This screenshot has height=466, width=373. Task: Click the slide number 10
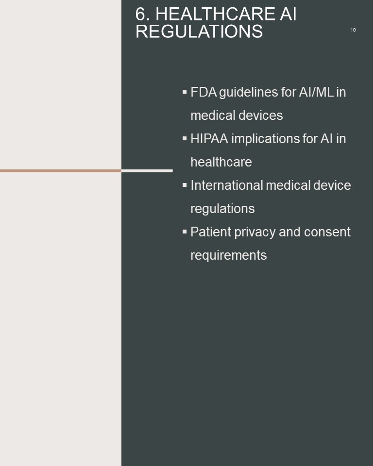tap(353, 30)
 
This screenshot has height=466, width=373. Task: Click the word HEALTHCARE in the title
tap(215, 14)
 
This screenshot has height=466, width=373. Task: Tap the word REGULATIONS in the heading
tap(199, 31)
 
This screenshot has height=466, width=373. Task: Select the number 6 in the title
tap(141, 14)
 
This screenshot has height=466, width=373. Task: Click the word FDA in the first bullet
tap(204, 92)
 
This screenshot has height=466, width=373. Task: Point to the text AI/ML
tap(316, 92)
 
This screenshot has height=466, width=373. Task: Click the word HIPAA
tap(209, 139)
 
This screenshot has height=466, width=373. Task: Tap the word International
tap(226, 185)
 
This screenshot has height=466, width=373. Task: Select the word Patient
tap(211, 232)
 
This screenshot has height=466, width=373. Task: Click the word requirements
tap(229, 256)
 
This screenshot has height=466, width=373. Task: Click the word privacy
tap(255, 233)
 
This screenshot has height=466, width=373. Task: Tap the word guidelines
tap(248, 93)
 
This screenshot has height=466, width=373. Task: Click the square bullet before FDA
tap(185, 92)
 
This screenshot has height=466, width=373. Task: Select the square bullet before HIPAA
tap(185, 138)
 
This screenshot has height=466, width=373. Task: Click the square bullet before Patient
tap(185, 232)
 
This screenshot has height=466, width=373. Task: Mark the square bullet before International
tap(185, 185)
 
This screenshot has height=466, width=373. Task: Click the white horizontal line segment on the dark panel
tap(147, 171)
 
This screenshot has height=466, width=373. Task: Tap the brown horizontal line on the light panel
tap(61, 171)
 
